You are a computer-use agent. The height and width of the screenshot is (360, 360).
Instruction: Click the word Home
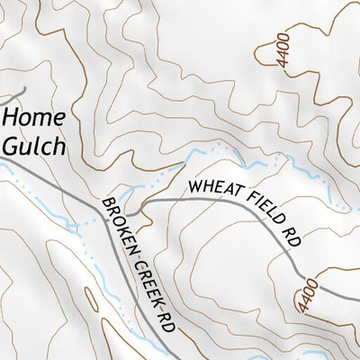pos(34,118)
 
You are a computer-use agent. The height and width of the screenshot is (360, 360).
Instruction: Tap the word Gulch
pos(33,145)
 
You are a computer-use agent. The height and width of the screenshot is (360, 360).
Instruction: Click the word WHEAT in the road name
pos(210,186)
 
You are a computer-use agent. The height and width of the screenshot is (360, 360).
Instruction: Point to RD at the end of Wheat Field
pos(290,236)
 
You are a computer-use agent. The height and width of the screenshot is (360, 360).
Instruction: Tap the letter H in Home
pos(10,118)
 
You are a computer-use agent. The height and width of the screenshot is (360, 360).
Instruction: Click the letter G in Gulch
pos(10,145)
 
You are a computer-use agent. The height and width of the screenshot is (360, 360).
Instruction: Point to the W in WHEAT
pos(193,189)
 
